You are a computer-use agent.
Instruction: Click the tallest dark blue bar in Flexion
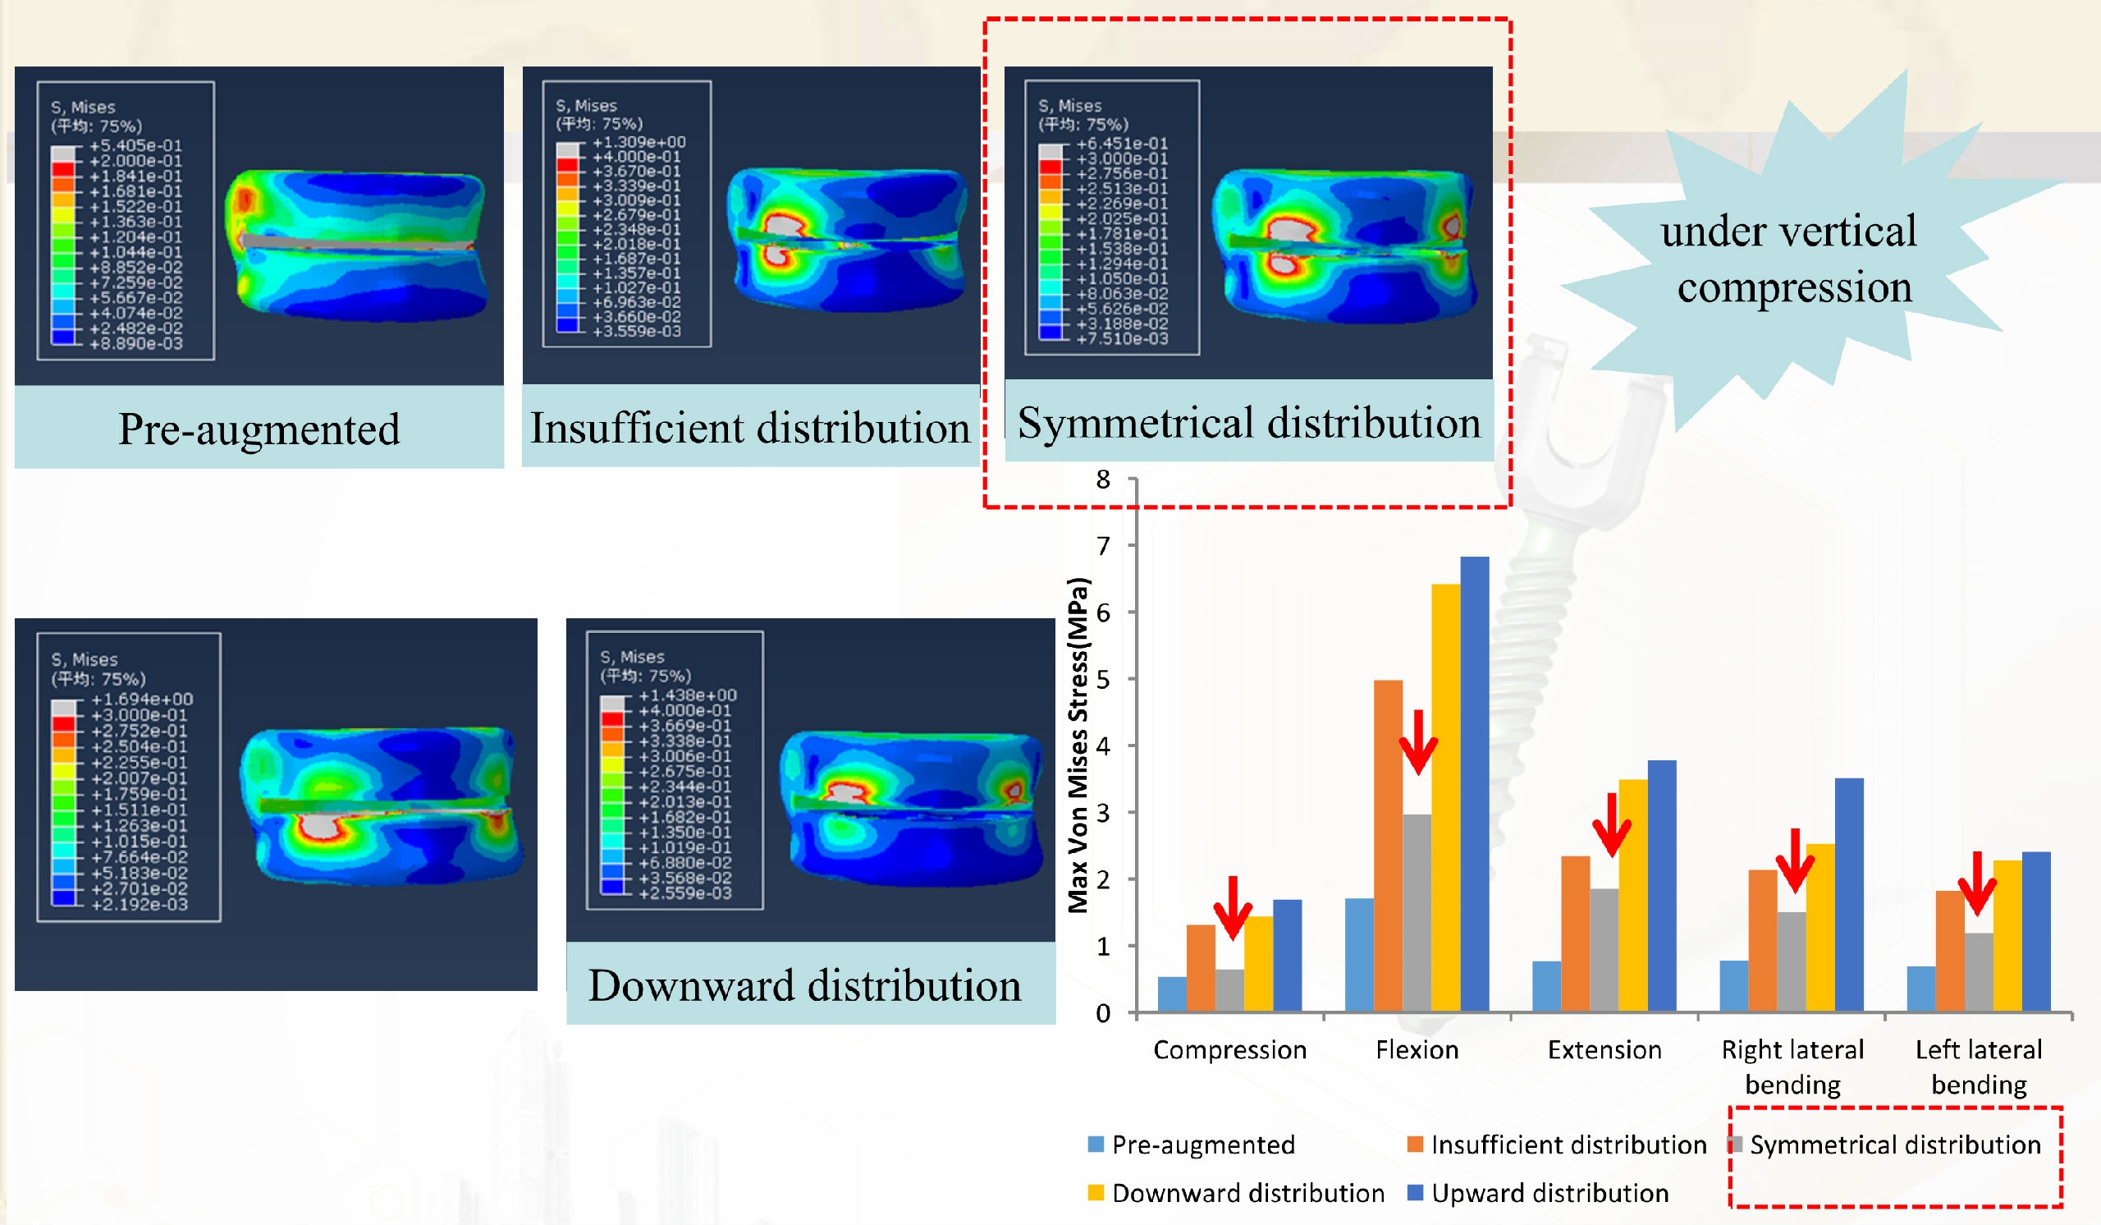(x=1474, y=784)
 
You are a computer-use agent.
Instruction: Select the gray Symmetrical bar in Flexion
(x=1417, y=912)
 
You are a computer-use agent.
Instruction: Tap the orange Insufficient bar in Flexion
(x=1387, y=846)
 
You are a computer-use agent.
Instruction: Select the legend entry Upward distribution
(x=1549, y=1193)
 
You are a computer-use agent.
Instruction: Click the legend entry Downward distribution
(x=1247, y=1193)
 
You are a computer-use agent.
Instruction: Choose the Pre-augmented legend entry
(x=1202, y=1145)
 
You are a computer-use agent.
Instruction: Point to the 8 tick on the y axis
(x=1103, y=479)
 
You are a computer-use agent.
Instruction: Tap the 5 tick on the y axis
(x=1103, y=679)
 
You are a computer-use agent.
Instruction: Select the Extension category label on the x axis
(x=1604, y=1049)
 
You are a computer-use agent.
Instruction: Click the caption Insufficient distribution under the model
(x=750, y=428)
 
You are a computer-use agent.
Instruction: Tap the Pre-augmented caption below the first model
(x=259, y=429)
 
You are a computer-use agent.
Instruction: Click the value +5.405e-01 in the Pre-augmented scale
(x=135, y=145)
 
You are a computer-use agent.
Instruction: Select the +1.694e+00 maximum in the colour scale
(x=142, y=699)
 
